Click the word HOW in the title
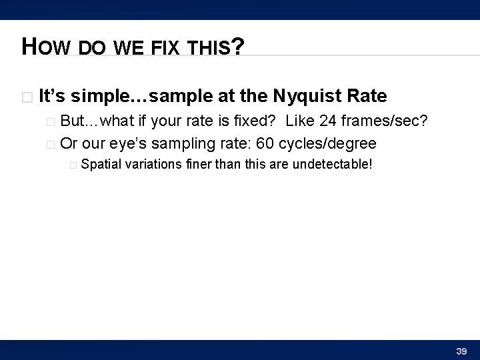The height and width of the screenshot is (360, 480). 46,47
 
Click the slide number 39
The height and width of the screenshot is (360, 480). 461,351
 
